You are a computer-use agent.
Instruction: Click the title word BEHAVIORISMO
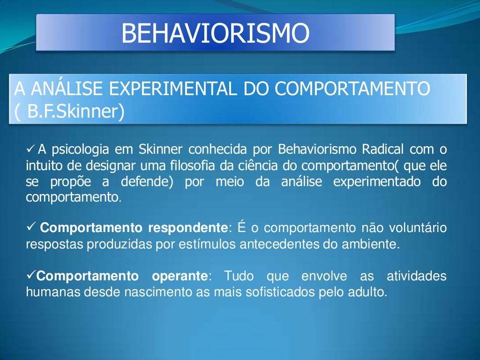(215, 33)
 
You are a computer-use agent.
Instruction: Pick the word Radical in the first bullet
(382, 150)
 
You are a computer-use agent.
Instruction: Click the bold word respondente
(187, 228)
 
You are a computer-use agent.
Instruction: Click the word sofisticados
(281, 292)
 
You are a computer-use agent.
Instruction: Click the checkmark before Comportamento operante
(30, 276)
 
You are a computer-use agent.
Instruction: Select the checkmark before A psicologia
(30, 150)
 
